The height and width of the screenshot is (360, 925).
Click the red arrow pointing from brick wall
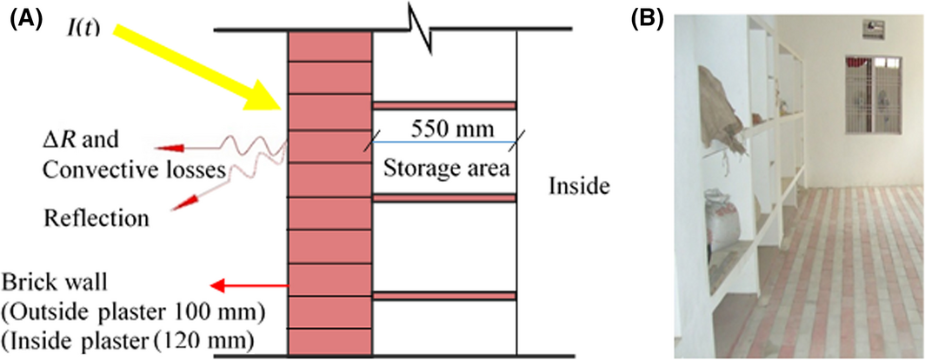(252, 285)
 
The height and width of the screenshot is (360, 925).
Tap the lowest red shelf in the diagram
(444, 296)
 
